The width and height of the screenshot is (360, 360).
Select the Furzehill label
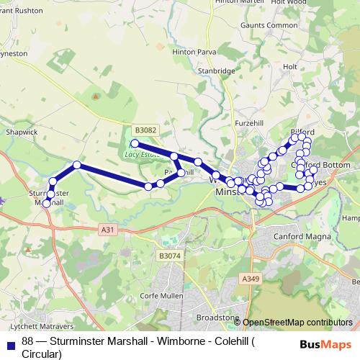[251, 124]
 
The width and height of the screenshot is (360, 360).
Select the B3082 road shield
[146, 130]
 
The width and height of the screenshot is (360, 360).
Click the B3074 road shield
[170, 256]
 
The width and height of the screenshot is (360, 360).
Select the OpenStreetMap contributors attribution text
[297, 323]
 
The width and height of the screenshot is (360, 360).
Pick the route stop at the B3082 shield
[134, 143]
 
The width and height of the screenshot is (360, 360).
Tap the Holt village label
[290, 66]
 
